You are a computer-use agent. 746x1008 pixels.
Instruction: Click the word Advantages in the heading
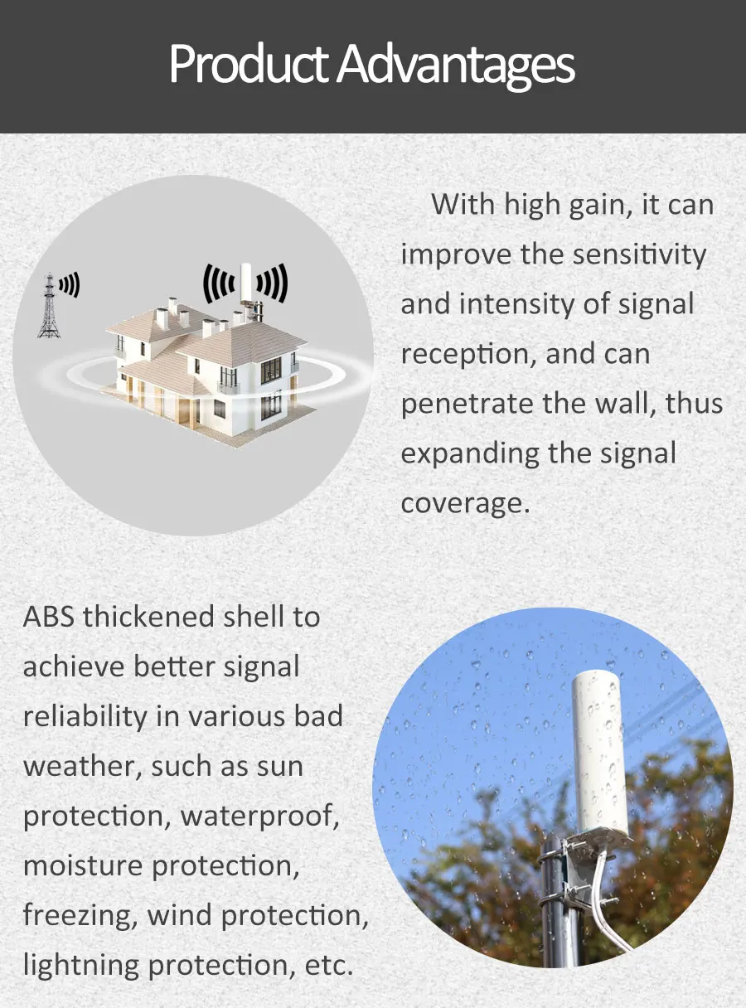456,65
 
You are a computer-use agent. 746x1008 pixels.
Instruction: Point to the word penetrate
467,404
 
